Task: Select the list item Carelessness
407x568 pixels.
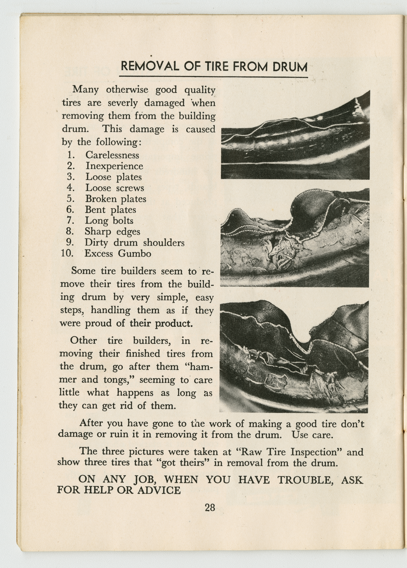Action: point(112,155)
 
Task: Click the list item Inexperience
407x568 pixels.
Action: point(114,166)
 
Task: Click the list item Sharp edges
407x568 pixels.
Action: point(112,232)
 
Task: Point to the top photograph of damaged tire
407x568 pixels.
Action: point(295,135)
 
